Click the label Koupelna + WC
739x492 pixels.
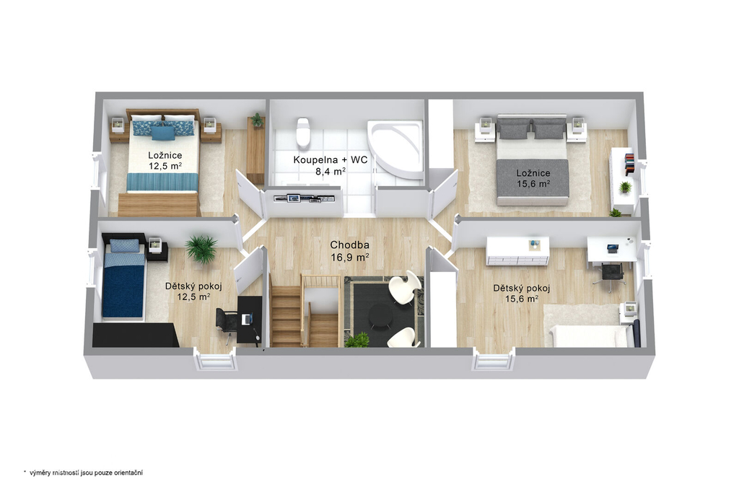click(331, 159)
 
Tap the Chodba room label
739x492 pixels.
click(349, 245)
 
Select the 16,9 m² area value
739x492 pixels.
click(349, 258)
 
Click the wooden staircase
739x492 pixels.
click(304, 311)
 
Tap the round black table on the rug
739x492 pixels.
click(380, 315)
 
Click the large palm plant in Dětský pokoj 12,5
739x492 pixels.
click(201, 249)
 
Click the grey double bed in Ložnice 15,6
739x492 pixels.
click(532, 160)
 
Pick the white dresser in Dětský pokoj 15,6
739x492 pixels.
click(517, 251)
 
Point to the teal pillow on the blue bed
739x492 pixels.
click(163, 133)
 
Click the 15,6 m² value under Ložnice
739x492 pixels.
click(533, 184)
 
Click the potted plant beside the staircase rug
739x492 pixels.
click(357, 341)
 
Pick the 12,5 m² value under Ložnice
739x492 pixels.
click(165, 166)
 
